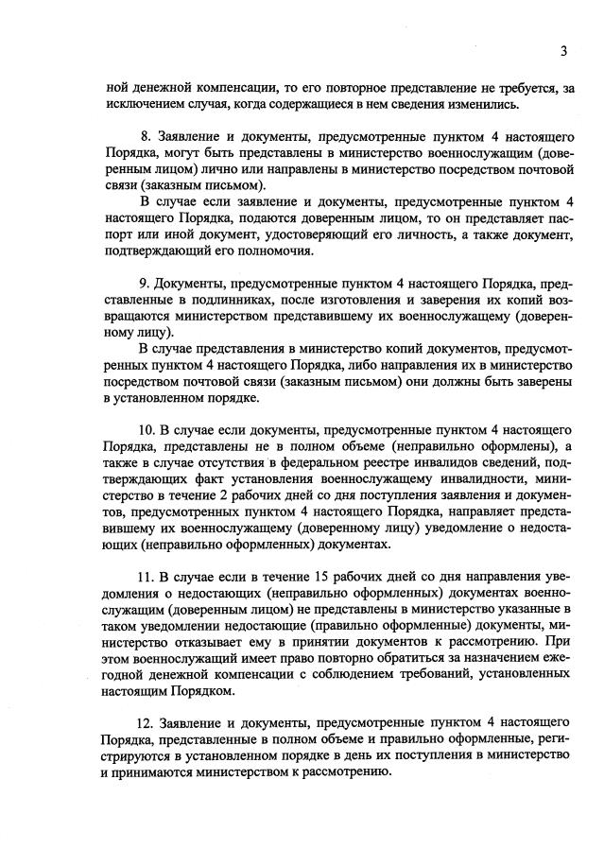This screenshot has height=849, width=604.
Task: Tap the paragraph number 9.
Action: pos(145,283)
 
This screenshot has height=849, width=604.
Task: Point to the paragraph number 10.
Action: pos(148,430)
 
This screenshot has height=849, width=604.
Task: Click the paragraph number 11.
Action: pos(148,578)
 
